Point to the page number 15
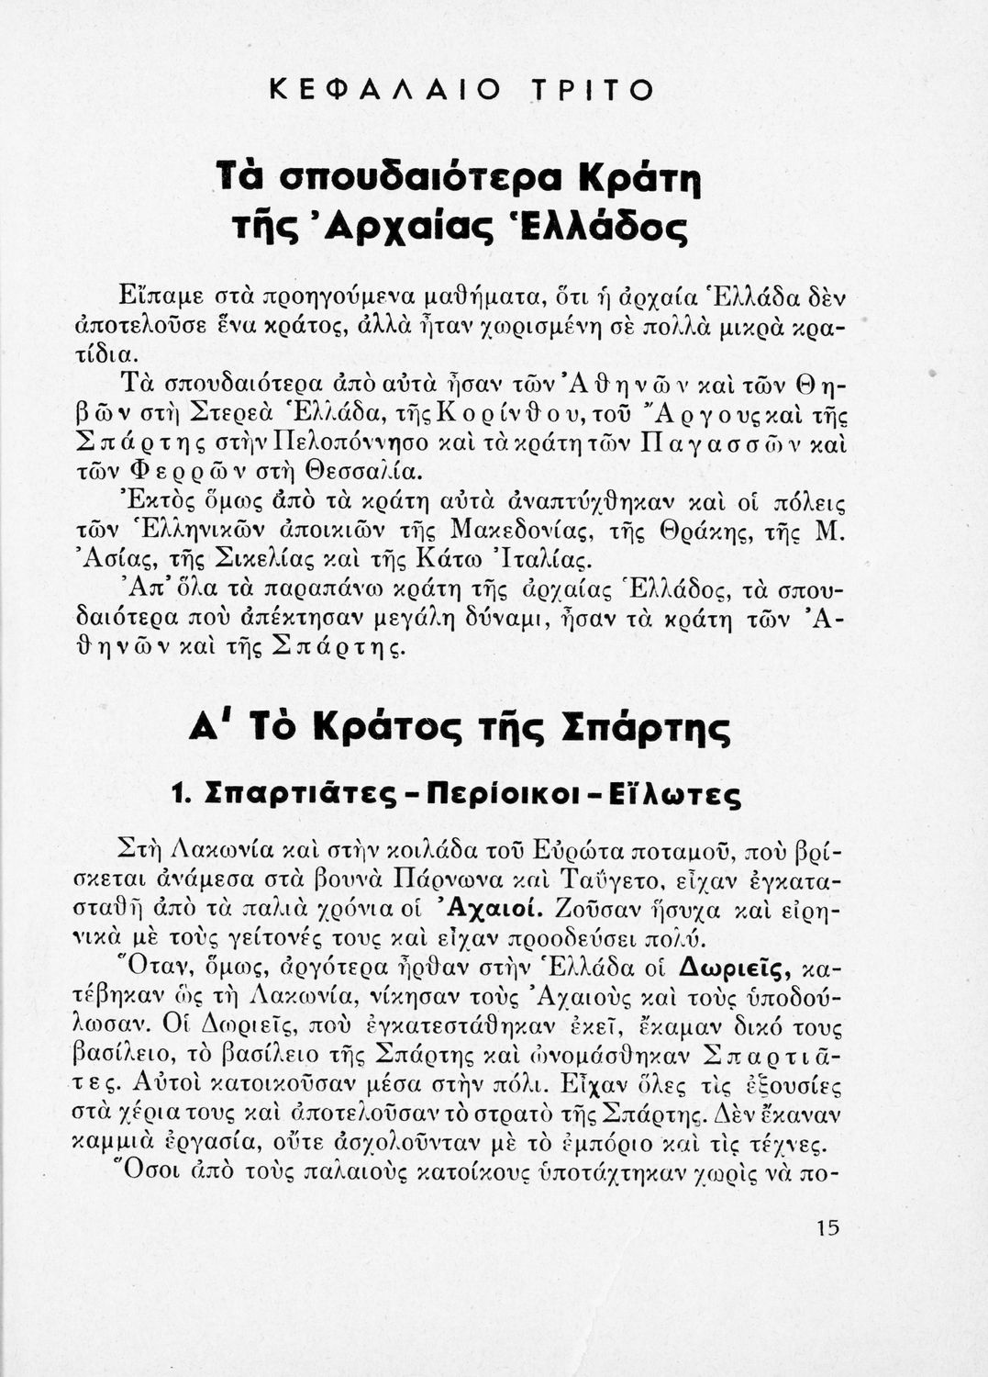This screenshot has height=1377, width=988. (x=827, y=1228)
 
